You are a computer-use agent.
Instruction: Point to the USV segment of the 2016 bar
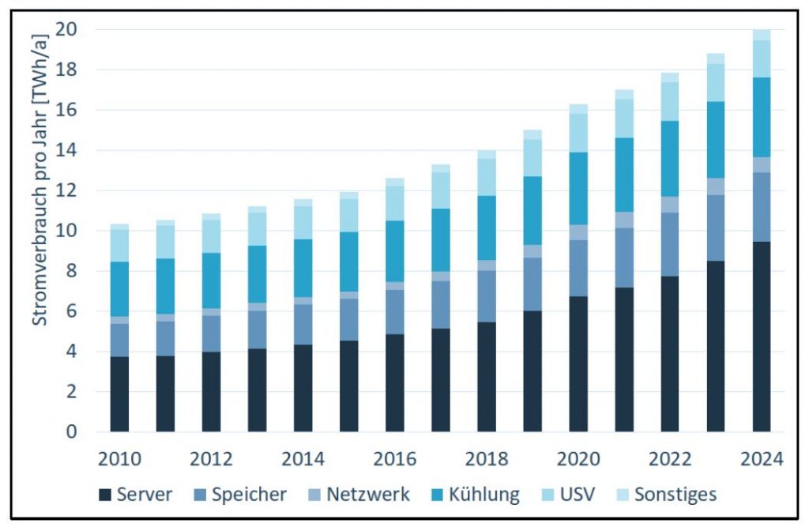click(x=395, y=203)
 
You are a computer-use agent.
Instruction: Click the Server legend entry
click(x=136, y=495)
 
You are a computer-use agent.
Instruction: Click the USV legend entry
click(x=569, y=495)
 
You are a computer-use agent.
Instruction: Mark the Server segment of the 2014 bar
click(x=303, y=388)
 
